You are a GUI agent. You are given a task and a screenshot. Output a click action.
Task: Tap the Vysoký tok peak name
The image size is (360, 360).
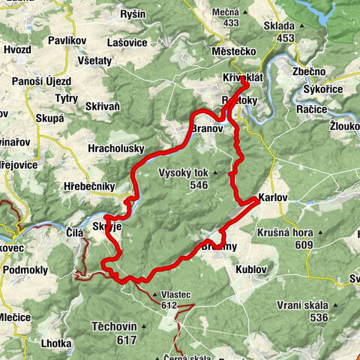tap(184, 172)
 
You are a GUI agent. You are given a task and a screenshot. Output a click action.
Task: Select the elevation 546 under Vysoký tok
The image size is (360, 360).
tap(198, 184)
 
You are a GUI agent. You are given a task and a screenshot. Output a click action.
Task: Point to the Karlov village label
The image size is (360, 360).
tap(271, 199)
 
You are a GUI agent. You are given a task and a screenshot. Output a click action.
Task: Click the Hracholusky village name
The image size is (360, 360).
tap(115, 148)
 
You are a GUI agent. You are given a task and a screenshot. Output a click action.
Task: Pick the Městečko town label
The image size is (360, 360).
tap(235, 50)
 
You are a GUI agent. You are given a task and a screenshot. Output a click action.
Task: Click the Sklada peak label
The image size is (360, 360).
tap(279, 25)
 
